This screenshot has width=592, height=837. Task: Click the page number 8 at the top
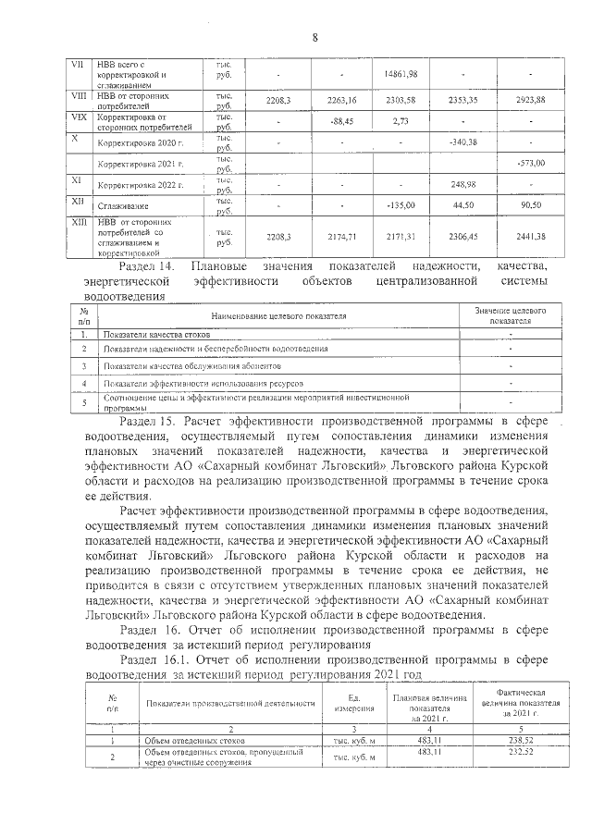click(314, 37)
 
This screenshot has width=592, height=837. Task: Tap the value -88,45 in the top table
click(341, 121)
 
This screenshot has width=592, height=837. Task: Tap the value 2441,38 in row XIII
click(529, 236)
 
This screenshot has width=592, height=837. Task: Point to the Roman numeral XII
click(78, 201)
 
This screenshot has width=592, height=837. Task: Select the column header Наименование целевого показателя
click(277, 316)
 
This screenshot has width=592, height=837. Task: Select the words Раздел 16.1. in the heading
click(154, 659)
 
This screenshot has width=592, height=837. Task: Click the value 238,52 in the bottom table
click(523, 740)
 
